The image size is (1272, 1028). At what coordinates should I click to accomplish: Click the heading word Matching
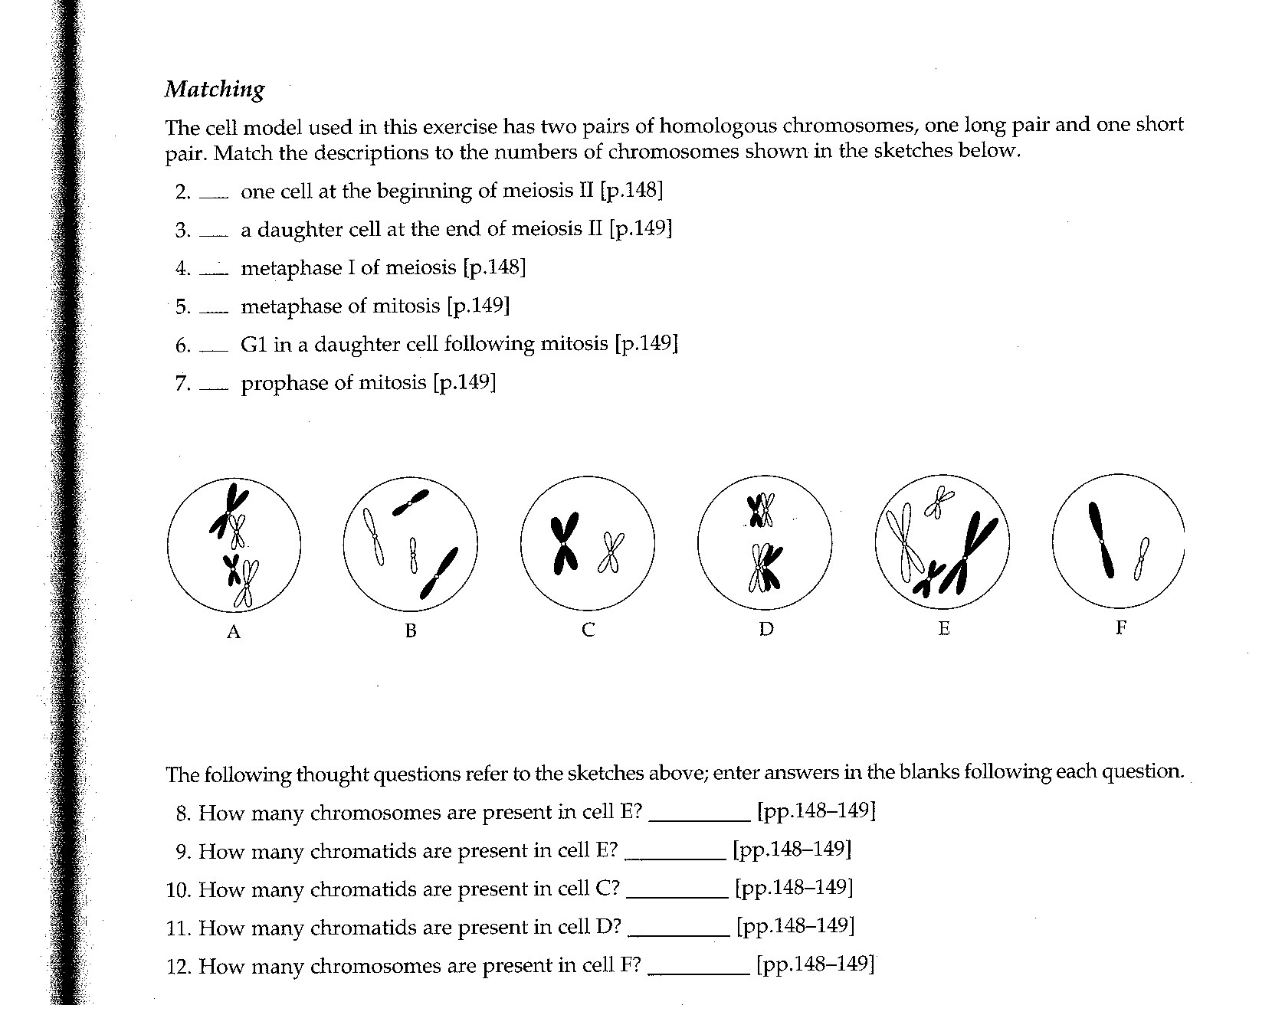pyautogui.click(x=215, y=90)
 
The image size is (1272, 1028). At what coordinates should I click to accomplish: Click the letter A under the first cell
pyautogui.click(x=234, y=632)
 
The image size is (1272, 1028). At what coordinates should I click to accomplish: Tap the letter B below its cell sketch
pyautogui.click(x=411, y=631)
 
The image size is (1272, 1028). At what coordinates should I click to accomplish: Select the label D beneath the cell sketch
pyautogui.click(x=766, y=630)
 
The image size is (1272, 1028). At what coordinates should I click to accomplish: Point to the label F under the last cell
pyautogui.click(x=1121, y=628)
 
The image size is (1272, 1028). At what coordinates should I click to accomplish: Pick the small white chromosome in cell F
pyautogui.click(x=1142, y=558)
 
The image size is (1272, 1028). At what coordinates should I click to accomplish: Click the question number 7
pyautogui.click(x=182, y=383)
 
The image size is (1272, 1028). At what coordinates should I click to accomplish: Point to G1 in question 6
pyautogui.click(x=253, y=345)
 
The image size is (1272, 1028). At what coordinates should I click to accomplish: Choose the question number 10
pyautogui.click(x=177, y=890)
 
